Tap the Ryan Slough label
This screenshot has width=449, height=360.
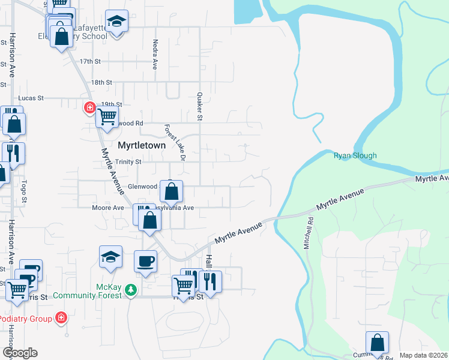pos(355,156)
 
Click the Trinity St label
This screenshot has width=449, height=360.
pos(128,162)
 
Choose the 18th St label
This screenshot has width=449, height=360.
pos(101,82)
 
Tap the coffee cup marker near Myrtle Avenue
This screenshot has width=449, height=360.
pos(145,261)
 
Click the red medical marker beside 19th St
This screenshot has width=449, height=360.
pos(89,107)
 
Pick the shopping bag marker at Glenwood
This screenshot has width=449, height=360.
pos(172,192)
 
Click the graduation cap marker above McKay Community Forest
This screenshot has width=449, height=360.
pos(110,257)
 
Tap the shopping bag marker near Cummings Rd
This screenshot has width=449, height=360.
pos(377,343)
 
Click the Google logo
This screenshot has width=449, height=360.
pos(19,353)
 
